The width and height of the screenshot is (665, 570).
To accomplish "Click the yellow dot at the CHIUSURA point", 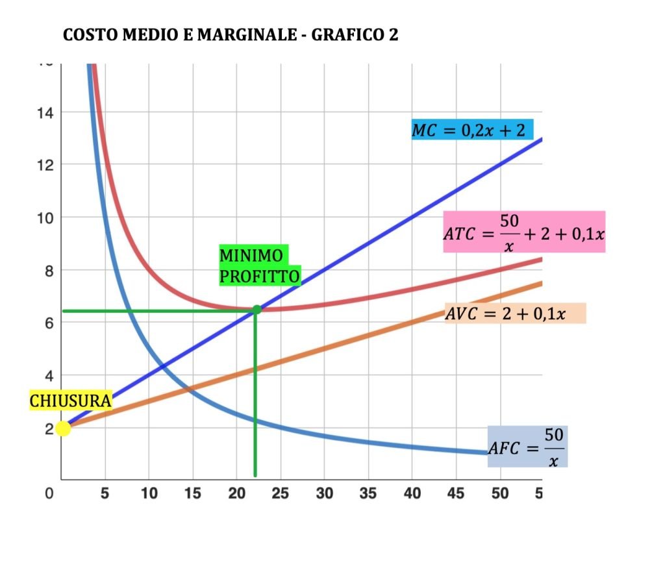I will tap(63, 428).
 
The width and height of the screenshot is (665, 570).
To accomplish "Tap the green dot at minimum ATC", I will tap(257, 310).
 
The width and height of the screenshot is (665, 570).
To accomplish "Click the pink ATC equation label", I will tap(524, 231).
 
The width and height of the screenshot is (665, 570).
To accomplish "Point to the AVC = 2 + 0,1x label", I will tap(515, 314).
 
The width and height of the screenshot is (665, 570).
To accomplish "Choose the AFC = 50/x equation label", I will tap(527, 446).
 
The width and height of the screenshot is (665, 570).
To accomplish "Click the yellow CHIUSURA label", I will tap(71, 401).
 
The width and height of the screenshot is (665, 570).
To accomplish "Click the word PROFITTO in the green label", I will tap(260, 277).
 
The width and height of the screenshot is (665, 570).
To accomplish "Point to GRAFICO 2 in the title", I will tap(355, 34).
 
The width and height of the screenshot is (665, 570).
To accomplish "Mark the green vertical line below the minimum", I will tap(255, 403).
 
